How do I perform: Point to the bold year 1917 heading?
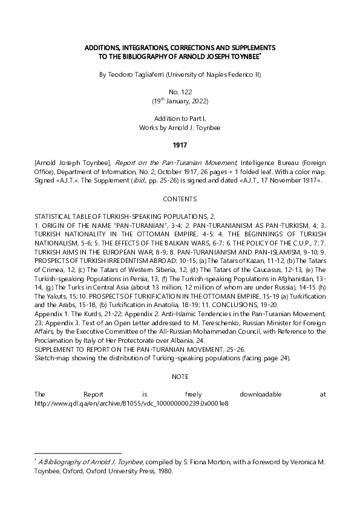click(x=180, y=144)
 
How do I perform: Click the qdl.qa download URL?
click(x=131, y=403)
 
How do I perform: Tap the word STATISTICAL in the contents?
click(x=54, y=216)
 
